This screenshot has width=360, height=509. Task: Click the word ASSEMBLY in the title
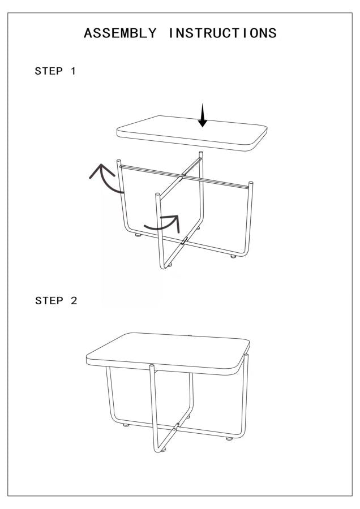(119, 33)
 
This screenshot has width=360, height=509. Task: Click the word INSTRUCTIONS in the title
(222, 33)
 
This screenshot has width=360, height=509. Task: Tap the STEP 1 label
(55, 71)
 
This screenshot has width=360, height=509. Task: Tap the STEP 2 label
(55, 300)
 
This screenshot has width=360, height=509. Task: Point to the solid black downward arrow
(203, 116)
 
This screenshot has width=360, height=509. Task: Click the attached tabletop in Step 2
(168, 351)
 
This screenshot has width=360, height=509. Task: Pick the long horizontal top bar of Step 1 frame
(184, 175)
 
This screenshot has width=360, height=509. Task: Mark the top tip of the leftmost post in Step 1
(119, 162)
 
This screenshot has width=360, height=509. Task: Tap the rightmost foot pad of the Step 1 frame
(233, 257)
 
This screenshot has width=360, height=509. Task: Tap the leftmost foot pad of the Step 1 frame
(138, 235)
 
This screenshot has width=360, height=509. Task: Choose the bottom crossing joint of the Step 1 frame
(186, 240)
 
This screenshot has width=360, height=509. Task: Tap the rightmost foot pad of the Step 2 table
(229, 438)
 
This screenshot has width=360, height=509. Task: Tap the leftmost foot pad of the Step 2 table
(126, 425)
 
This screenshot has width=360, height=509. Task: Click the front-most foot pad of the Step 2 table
(163, 450)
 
